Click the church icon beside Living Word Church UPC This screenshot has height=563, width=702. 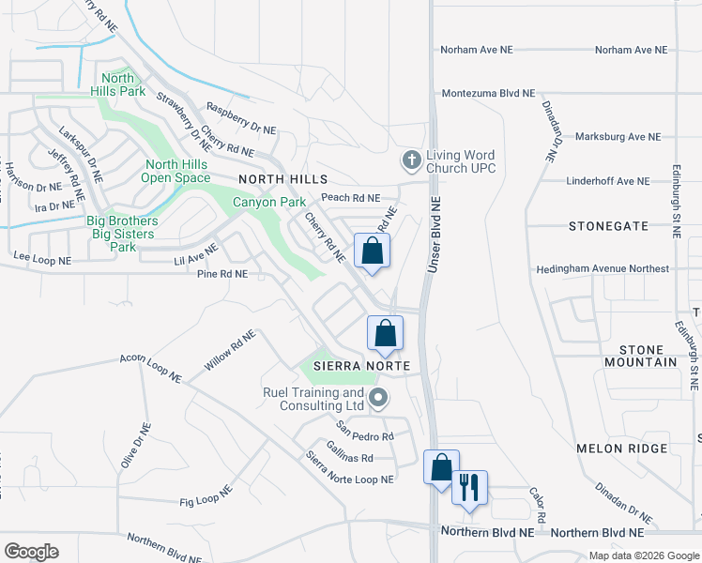click(410, 160)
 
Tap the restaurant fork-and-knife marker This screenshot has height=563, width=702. click(468, 487)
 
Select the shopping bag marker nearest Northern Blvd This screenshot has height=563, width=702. click(441, 467)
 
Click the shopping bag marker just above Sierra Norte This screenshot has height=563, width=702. click(384, 332)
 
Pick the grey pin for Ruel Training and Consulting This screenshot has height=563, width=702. click(378, 399)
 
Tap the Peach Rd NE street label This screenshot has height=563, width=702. click(350, 198)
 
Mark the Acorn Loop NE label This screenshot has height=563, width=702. click(150, 369)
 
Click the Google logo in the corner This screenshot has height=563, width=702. click(31, 551)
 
